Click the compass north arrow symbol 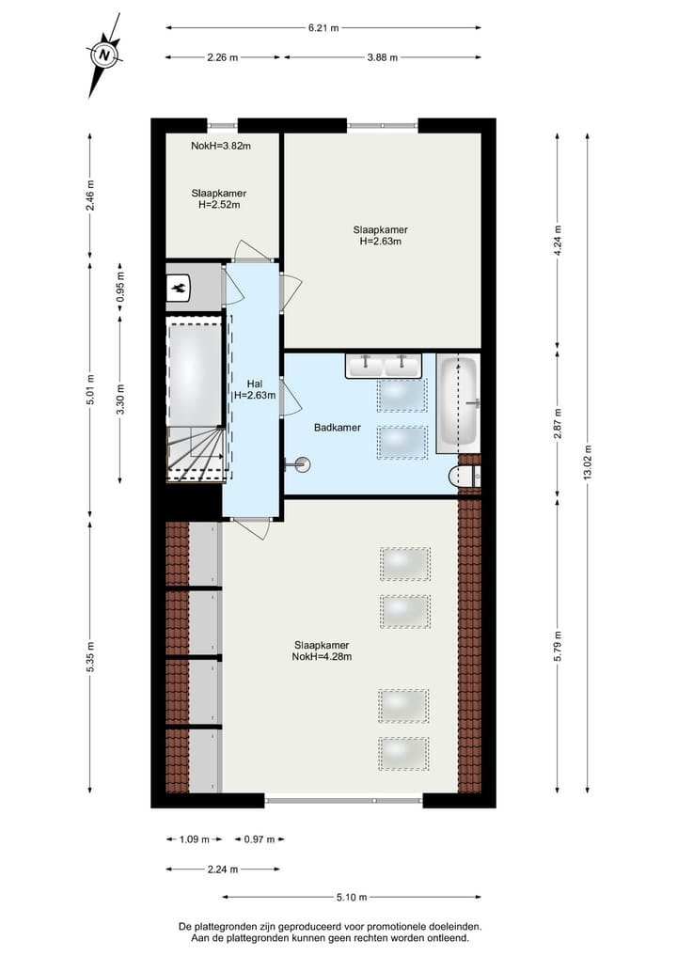104,55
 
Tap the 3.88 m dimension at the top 382,57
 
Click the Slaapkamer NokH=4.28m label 322,650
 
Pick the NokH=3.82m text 221,146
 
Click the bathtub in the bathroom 458,402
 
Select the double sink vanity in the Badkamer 383,365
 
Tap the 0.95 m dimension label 120,289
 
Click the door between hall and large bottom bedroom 249,528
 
